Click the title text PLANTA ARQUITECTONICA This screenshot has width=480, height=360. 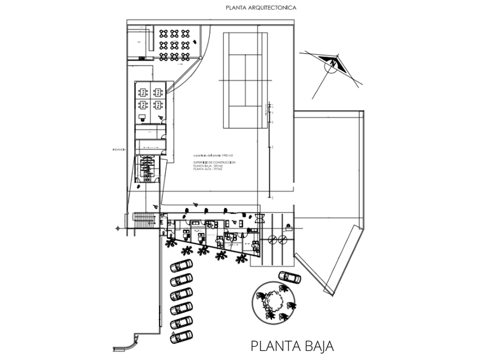[261, 7]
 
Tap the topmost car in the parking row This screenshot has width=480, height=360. [182, 266]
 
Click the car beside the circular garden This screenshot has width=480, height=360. [290, 277]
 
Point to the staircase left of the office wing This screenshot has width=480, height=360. [145, 221]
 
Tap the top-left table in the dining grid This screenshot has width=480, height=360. [164, 33]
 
